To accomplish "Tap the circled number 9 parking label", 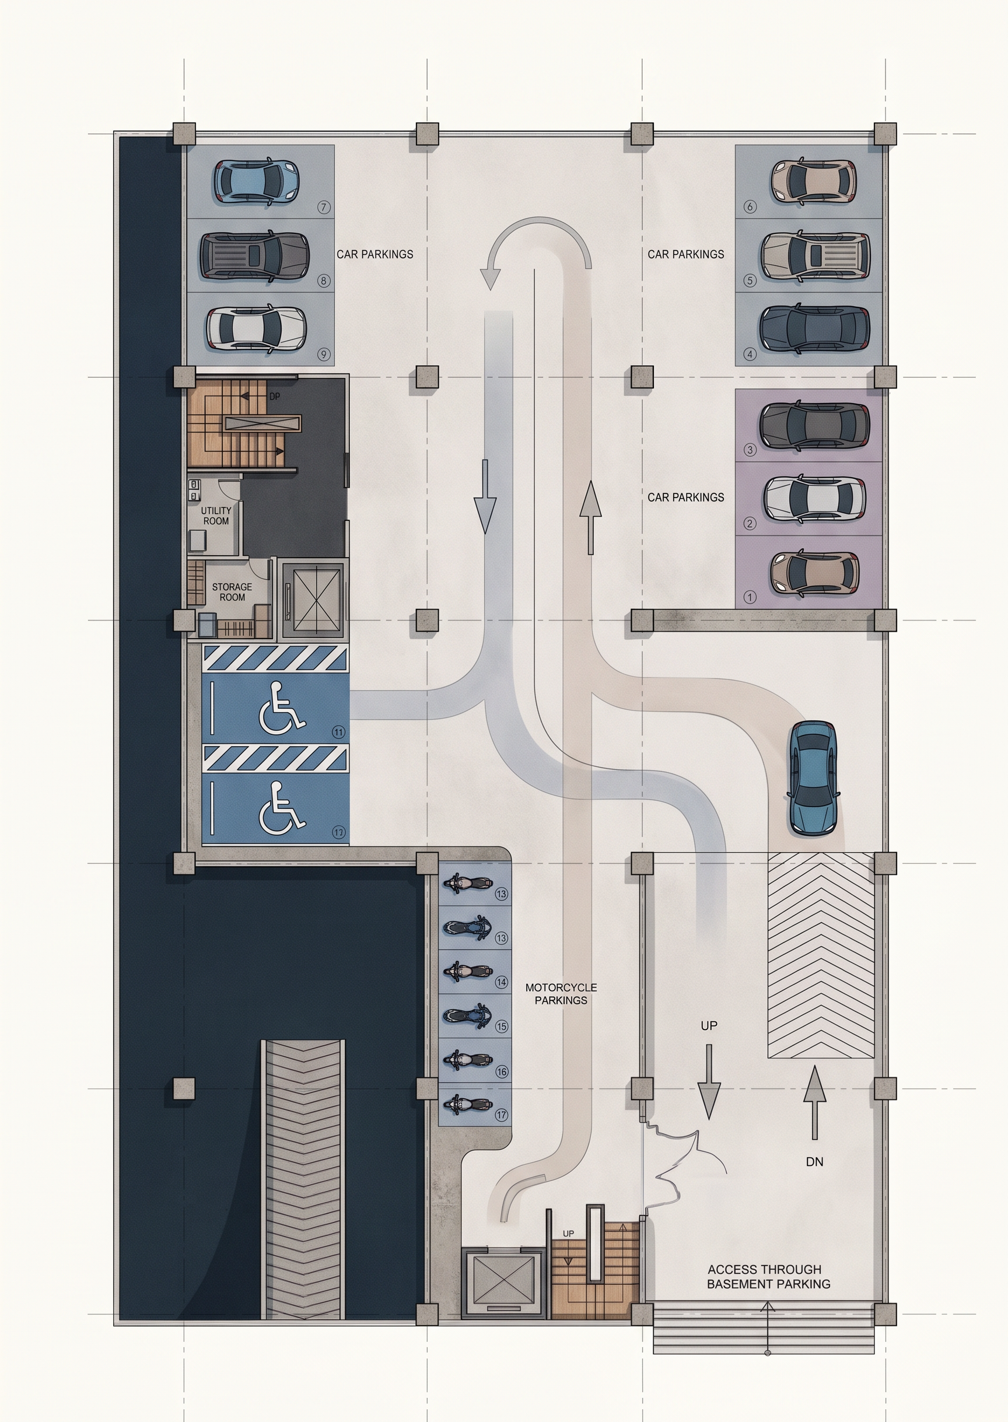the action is [323, 355].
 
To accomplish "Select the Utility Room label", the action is [216, 516].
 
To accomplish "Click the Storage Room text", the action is [232, 591].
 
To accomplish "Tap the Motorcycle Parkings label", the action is [561, 994].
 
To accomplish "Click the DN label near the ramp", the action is [814, 1161].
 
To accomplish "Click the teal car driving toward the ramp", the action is [813, 778].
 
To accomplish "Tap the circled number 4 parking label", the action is [750, 355].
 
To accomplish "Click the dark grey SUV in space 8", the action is [254, 257].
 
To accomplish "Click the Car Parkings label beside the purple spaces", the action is [686, 497].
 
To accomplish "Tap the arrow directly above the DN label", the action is [815, 1101].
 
